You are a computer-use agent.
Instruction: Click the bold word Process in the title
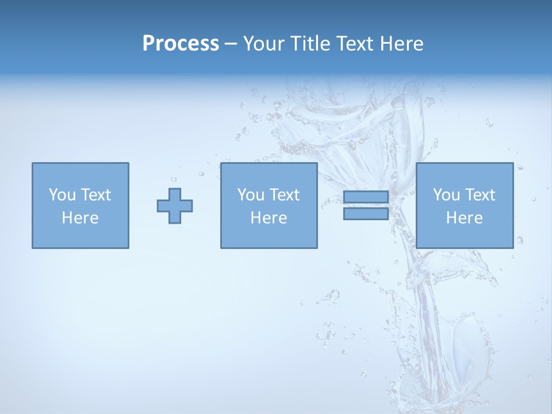181,44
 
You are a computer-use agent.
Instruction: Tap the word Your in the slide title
264,44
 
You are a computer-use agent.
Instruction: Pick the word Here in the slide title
402,44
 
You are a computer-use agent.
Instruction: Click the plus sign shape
175,206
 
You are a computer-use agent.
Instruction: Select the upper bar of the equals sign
366,197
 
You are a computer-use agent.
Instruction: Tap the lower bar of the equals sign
366,213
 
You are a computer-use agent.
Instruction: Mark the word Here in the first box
80,218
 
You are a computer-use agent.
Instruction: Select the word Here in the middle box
269,218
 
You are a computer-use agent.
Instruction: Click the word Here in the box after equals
464,218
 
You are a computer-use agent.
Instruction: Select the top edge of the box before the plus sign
80,163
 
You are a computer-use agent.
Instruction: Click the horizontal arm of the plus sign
163,206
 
